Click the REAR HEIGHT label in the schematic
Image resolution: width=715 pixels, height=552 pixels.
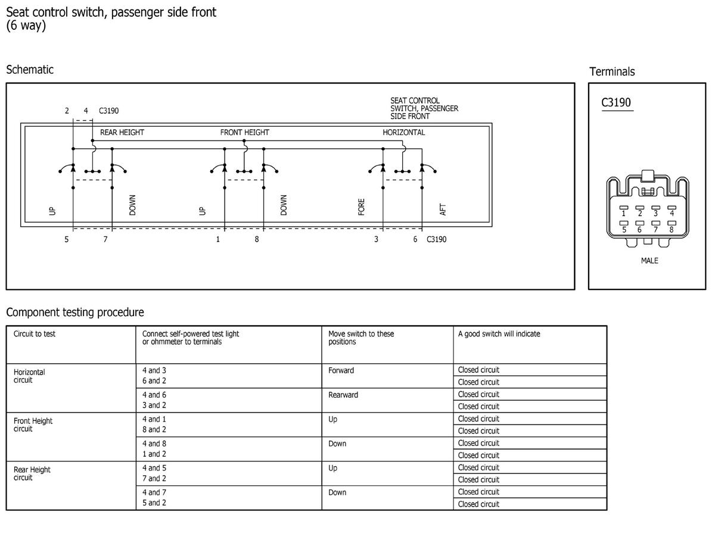[122, 133]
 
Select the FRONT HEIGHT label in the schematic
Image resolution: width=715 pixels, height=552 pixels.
[244, 133]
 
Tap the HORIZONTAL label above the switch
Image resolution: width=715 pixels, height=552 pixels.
[404, 133]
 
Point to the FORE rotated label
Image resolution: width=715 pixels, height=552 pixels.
[361, 207]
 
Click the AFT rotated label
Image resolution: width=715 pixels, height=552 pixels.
[443, 210]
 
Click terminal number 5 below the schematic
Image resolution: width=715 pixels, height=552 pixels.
[67, 239]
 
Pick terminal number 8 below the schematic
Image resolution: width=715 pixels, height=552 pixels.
[257, 239]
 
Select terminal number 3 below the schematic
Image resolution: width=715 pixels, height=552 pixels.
[376, 239]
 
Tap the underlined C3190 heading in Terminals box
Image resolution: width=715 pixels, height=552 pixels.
[616, 102]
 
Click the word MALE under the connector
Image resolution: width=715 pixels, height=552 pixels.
[649, 261]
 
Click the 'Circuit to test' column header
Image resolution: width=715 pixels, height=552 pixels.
[34, 333]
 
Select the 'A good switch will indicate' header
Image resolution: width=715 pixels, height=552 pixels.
[499, 333]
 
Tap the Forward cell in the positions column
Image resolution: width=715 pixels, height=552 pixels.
[341, 370]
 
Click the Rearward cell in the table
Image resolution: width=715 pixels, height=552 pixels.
[343, 395]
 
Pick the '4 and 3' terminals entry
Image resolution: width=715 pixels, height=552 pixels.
[154, 370]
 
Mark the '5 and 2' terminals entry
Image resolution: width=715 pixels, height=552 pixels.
[154, 503]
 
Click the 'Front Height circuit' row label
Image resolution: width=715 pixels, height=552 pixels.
[33, 425]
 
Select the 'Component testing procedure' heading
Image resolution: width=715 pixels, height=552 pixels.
[75, 313]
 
